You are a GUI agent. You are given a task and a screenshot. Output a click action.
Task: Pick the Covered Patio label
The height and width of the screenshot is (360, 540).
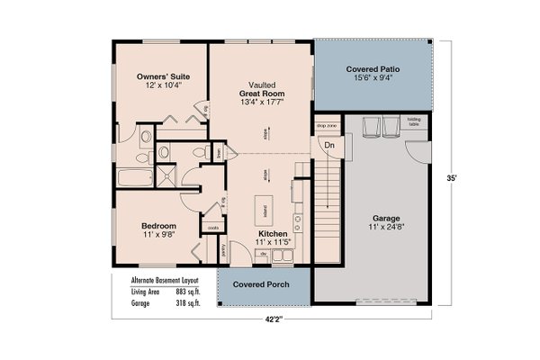[373, 68]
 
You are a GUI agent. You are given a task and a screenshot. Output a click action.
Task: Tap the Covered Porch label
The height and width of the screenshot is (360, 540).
[260, 285]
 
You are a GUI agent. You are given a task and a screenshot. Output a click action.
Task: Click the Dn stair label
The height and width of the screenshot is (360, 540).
[329, 144]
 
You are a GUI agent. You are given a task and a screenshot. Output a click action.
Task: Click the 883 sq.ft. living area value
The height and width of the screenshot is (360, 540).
[186, 293]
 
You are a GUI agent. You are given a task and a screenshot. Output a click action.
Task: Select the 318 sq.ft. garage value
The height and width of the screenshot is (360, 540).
[186, 304]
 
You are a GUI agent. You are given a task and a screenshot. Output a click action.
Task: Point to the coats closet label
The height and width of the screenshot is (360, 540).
[213, 229]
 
